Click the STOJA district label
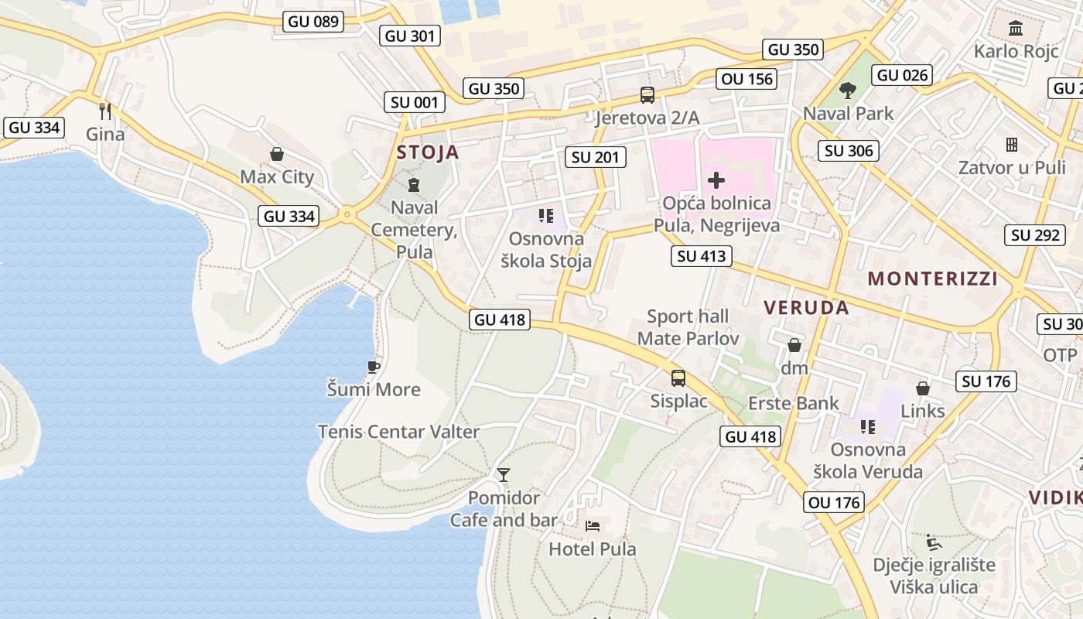click(428, 152)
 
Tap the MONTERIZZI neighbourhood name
click(933, 279)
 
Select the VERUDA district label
click(806, 307)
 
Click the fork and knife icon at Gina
click(105, 111)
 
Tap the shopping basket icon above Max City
click(277, 155)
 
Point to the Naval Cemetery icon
click(414, 185)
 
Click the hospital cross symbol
click(716, 181)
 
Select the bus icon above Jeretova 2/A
click(647, 95)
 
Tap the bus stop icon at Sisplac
click(678, 378)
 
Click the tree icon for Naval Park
click(848, 91)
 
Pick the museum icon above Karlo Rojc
click(1016, 29)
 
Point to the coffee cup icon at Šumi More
click(374, 367)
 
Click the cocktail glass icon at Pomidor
click(504, 474)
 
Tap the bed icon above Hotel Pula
click(593, 526)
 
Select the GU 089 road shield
click(313, 22)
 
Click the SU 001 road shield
click(415, 102)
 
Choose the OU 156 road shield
click(746, 79)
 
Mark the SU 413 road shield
click(701, 256)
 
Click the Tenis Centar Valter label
click(398, 432)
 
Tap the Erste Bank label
click(793, 403)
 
